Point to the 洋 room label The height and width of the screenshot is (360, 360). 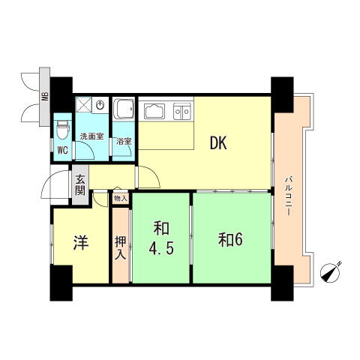pyautogui.click(x=80, y=242)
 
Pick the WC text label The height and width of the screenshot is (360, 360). pyautogui.click(x=62, y=148)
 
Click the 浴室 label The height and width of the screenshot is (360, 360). pyautogui.click(x=124, y=141)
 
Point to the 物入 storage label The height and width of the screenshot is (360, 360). pyautogui.click(x=120, y=198)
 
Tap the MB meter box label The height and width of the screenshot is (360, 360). pyautogui.click(x=45, y=96)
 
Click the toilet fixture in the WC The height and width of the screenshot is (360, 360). pyautogui.click(x=62, y=128)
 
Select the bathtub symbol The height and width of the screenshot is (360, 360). pyautogui.click(x=123, y=109)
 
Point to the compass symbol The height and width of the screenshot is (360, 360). pyautogui.click(x=330, y=273)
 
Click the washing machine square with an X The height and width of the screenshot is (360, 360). pyautogui.click(x=83, y=106)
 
